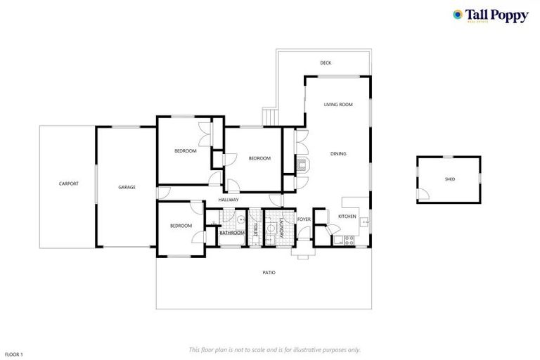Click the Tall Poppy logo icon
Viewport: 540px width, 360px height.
(458, 14)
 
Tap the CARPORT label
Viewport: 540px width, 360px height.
(69, 184)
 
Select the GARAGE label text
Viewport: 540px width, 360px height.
(127, 187)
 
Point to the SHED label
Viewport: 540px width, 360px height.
(450, 179)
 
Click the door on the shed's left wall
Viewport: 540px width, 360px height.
(421, 193)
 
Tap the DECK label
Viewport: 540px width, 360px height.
(326, 63)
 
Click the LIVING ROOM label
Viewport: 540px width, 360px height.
(338, 104)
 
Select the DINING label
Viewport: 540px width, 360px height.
(338, 153)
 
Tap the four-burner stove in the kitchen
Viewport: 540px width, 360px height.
(337, 240)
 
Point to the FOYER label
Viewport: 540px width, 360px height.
(304, 219)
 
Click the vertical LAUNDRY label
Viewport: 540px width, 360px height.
(281, 229)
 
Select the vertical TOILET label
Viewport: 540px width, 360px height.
(255, 229)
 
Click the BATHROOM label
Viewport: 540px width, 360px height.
(232, 233)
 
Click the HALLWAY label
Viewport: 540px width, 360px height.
(229, 200)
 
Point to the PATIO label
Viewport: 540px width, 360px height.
(269, 272)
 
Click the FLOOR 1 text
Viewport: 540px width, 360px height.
(14, 354)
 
